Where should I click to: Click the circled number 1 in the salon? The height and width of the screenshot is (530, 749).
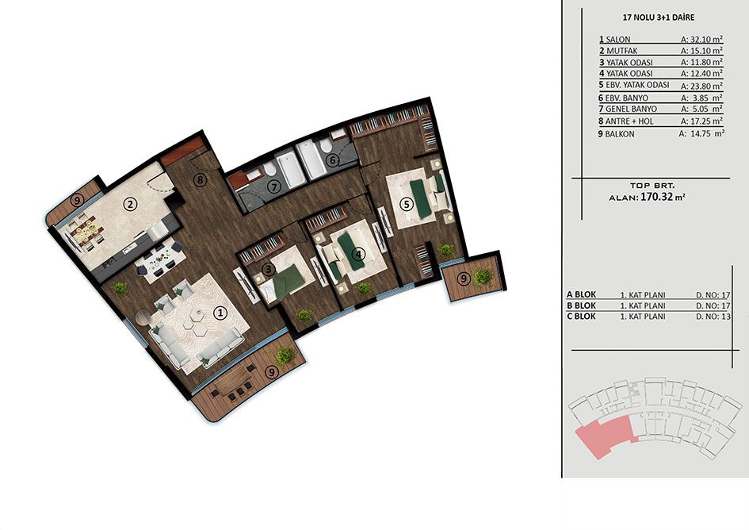click(220, 313)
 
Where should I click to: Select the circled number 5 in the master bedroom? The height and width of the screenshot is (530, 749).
click(407, 204)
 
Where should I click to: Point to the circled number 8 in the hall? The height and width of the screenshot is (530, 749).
click(201, 180)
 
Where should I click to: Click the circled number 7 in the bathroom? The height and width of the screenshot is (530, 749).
click(273, 187)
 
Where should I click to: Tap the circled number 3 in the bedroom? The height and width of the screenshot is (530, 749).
click(269, 269)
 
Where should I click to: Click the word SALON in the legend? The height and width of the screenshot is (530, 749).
click(618, 39)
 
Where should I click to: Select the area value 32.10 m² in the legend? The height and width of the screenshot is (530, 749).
click(701, 39)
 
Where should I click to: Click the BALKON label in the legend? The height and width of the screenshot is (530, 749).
click(620, 134)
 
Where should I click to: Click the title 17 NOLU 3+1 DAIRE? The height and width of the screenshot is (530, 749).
click(659, 17)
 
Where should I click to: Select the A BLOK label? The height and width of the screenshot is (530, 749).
click(581, 294)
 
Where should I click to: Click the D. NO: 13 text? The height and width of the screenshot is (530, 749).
click(713, 317)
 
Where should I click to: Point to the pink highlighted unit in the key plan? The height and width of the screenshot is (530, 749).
click(604, 436)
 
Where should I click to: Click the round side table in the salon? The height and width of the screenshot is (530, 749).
click(143, 317)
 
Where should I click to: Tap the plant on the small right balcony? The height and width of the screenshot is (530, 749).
click(482, 277)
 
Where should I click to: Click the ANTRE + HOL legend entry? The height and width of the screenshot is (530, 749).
click(626, 121)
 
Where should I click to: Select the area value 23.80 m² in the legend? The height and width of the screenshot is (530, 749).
click(701, 86)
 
